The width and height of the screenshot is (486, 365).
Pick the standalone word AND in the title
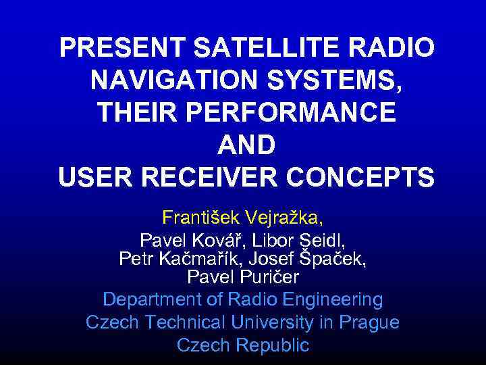tap(246, 145)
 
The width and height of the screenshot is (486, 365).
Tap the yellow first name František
tap(202, 218)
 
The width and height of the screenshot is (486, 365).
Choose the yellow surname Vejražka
tap(284, 218)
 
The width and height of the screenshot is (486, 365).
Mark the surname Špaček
tap(335, 259)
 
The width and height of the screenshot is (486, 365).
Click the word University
tap(270, 322)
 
